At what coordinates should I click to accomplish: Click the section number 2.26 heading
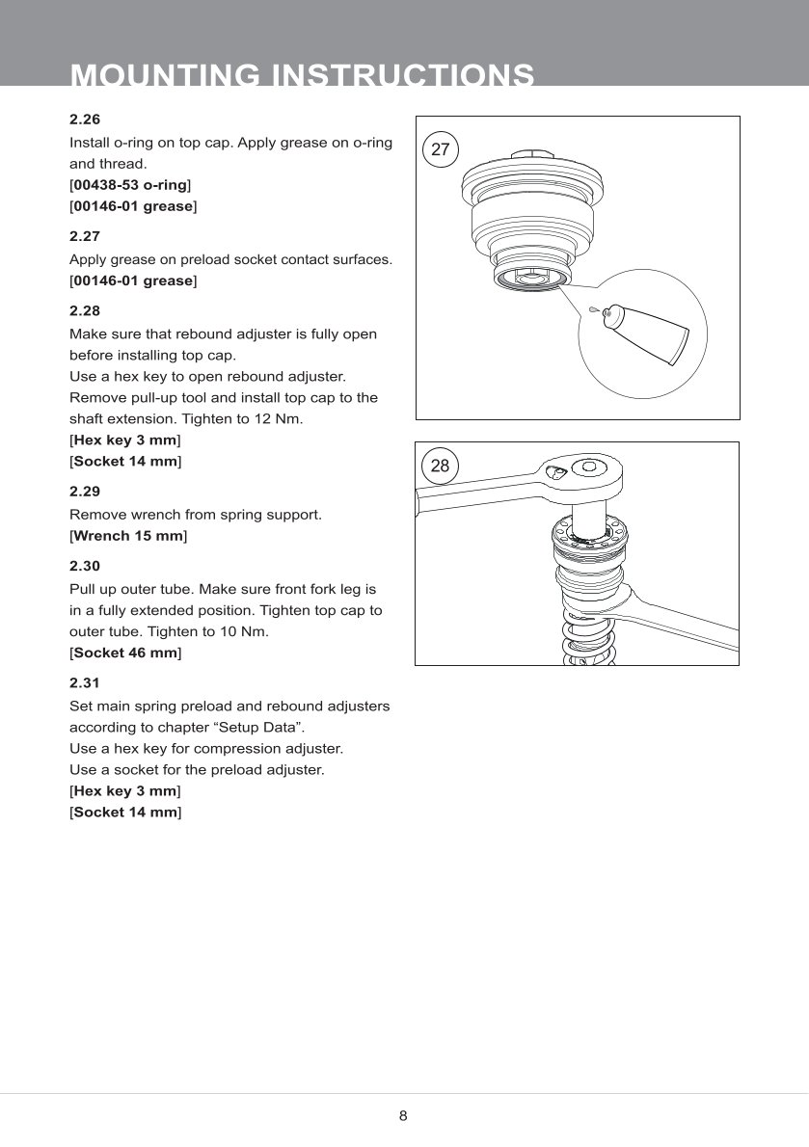click(85, 120)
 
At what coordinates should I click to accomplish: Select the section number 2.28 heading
click(85, 311)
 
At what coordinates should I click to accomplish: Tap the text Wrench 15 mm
click(128, 535)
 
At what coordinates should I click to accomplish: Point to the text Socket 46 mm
click(125, 653)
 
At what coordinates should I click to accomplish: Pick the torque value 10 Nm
click(248, 631)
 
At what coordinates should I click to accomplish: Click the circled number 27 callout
click(441, 149)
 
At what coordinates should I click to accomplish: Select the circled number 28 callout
click(440, 466)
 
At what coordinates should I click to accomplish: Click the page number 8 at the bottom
click(403, 1116)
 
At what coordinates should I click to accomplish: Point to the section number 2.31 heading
click(85, 682)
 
